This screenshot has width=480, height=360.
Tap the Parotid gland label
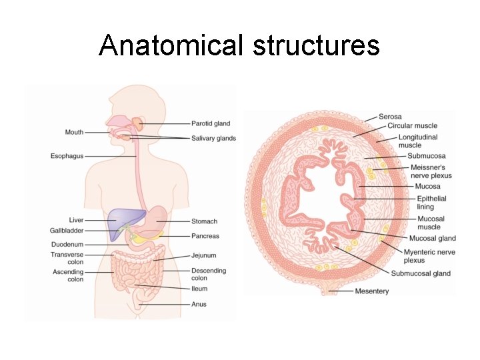coord(211,123)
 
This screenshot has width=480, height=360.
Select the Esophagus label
coord(67,156)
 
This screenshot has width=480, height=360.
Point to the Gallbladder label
coord(67,231)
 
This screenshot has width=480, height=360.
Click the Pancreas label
coord(205,236)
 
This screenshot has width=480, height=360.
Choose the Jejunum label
coord(204,255)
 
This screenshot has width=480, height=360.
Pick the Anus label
coord(199,305)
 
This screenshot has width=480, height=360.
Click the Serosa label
coord(390,117)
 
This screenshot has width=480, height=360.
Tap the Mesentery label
coord(372,291)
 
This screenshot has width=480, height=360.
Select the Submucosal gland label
coord(421,273)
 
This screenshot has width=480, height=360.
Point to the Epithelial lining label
coord(431,203)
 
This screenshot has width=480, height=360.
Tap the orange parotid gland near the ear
coord(137,124)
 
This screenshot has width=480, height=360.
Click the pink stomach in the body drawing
coord(161,217)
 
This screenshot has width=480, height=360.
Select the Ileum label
coord(199,289)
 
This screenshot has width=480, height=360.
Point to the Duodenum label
coord(68,244)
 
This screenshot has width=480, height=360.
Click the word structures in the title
coord(317,45)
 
